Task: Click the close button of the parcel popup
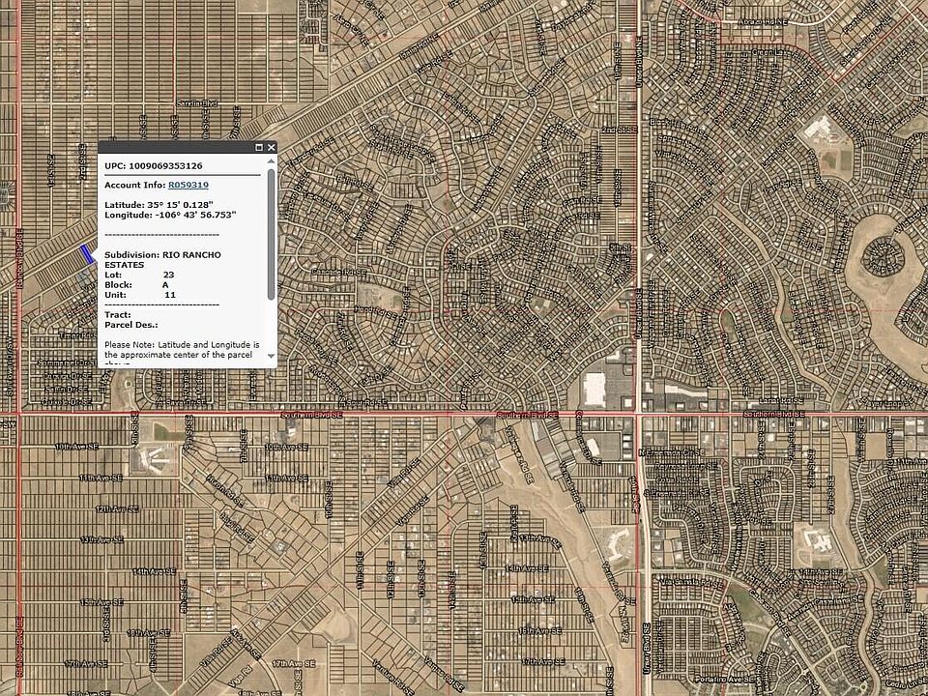coord(272,148)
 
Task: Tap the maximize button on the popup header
coord(259,148)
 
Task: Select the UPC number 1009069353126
coord(165,166)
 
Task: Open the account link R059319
coord(188,184)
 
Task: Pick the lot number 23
coord(168,275)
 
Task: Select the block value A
coord(165,285)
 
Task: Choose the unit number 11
coord(169,295)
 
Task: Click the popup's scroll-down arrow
coord(272,356)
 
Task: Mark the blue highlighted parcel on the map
coord(88,254)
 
